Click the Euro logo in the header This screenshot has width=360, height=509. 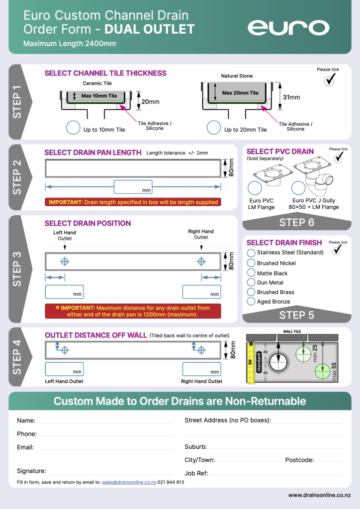[x=288, y=28]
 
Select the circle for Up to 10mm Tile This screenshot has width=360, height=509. [x=73, y=128]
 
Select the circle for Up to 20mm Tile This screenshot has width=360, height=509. [x=214, y=128]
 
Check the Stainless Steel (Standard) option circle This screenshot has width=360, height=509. [x=251, y=253]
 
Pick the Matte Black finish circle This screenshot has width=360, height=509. [x=251, y=273]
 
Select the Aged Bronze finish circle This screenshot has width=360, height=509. [x=251, y=301]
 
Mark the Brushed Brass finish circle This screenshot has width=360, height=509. [x=251, y=292]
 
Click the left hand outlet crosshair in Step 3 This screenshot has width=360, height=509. [x=65, y=261]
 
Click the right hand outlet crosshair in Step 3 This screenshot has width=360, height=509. [x=201, y=261]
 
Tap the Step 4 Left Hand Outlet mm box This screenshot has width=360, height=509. [x=64, y=369]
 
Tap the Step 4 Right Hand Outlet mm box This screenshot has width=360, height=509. [x=201, y=369]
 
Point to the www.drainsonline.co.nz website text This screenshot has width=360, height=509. [x=319, y=495]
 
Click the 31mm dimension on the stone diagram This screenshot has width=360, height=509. [x=291, y=97]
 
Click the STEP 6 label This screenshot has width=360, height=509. [x=297, y=222]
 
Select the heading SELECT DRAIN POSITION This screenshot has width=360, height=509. [x=88, y=223]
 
